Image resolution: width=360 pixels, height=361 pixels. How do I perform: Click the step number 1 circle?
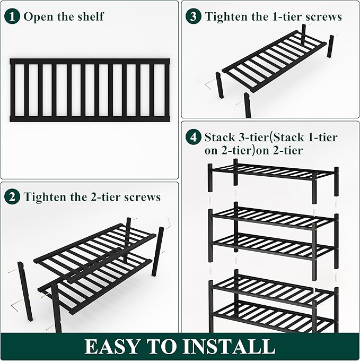(x=13, y=16)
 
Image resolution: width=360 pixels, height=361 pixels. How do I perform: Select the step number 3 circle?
(x=194, y=16)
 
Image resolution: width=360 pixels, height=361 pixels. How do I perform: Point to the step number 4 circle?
(x=194, y=137)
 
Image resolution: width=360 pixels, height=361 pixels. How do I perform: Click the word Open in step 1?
(x=38, y=16)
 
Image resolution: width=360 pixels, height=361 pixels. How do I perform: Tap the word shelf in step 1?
(x=90, y=16)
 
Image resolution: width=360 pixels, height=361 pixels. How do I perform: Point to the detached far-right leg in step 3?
(x=330, y=46)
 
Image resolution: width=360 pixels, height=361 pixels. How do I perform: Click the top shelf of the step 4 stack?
(x=273, y=172)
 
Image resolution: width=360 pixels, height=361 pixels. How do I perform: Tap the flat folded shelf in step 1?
(x=90, y=90)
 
